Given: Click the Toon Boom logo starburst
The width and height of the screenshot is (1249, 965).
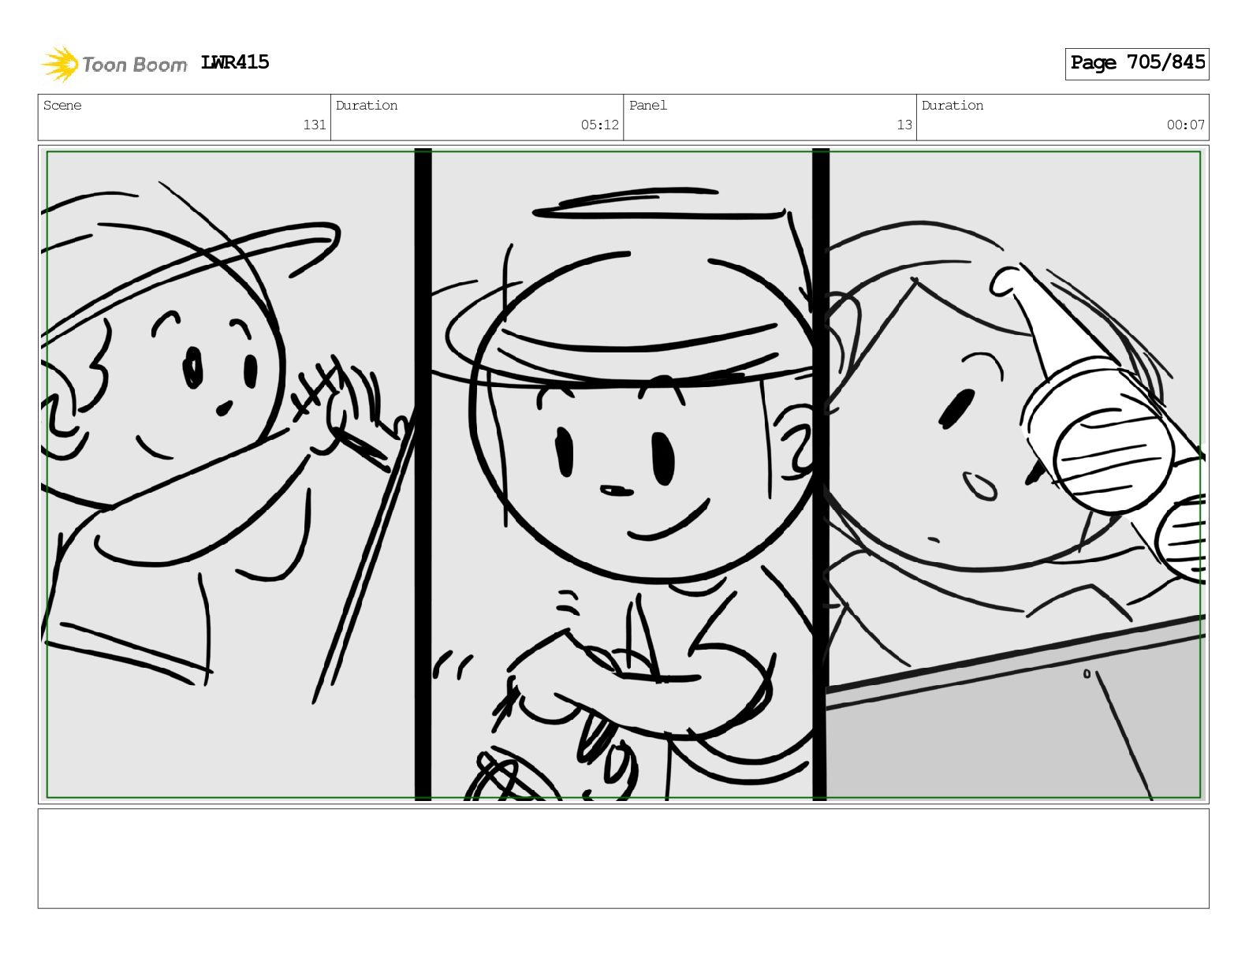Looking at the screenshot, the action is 60,64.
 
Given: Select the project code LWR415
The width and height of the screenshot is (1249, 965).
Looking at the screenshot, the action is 234,62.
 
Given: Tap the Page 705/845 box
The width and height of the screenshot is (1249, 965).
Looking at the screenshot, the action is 1136,64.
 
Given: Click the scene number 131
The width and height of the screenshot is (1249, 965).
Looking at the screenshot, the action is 315,125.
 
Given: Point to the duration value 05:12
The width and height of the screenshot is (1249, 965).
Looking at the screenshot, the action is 599,125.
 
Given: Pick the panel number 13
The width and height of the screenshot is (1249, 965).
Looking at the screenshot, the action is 904,125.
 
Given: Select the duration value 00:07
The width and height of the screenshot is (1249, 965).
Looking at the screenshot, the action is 1185,125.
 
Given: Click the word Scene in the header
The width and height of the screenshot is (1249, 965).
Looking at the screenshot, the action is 62,105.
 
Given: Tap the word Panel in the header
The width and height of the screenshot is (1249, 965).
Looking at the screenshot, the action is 648,105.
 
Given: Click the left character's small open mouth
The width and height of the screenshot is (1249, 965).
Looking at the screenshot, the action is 224,408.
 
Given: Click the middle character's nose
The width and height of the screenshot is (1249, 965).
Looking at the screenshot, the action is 616,490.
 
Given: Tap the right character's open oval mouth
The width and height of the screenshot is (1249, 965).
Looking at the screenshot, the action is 979,486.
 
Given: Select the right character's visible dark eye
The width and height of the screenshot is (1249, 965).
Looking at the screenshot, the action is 956,408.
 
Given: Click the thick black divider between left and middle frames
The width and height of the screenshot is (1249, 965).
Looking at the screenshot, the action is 423,474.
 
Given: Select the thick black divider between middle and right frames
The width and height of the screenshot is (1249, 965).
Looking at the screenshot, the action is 820,474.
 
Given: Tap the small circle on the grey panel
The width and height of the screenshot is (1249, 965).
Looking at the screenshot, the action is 1087,673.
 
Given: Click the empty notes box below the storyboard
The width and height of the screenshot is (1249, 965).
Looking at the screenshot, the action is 623,859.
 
